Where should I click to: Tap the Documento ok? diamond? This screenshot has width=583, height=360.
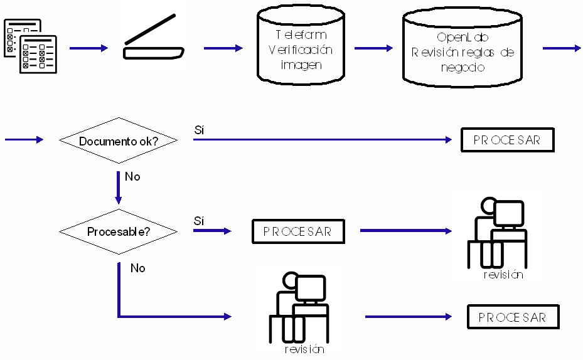(118, 141)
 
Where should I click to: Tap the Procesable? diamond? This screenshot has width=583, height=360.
(118, 231)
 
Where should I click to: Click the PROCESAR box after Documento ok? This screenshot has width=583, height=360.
(508, 140)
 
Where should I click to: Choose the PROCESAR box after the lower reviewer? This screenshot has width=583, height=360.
(512, 317)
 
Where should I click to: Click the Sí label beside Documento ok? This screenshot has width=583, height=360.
(200, 130)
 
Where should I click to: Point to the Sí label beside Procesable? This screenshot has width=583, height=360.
(200, 221)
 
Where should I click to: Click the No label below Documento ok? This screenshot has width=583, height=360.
(132, 177)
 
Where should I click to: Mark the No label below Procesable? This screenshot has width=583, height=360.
(138, 268)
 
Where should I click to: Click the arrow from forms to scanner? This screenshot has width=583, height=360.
(88, 48)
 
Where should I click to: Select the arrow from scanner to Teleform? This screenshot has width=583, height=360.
(223, 48)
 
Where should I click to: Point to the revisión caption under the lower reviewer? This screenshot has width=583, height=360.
(304, 349)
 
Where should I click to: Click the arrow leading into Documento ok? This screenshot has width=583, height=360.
(24, 140)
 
